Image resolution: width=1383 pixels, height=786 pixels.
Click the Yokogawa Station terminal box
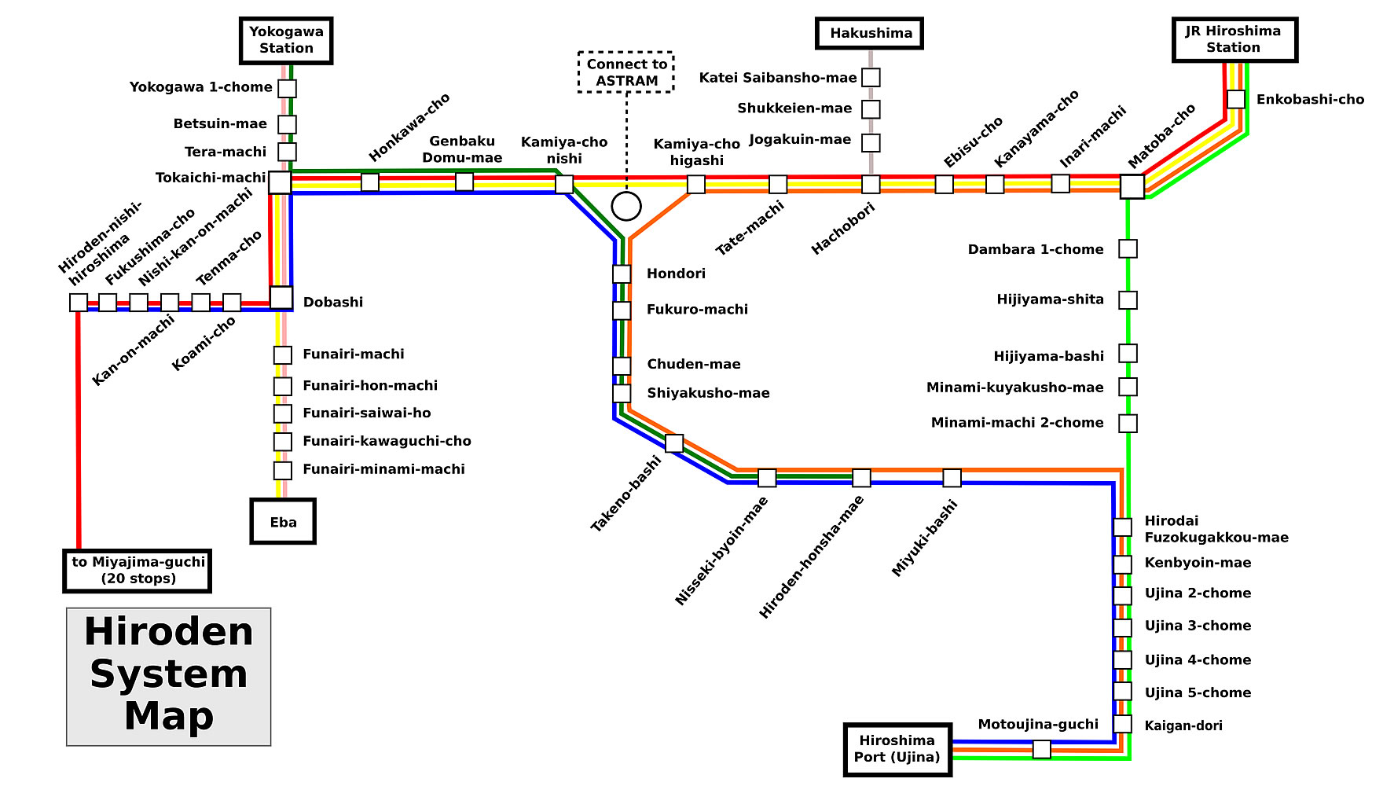286,40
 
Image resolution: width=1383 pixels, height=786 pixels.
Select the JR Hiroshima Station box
1234,39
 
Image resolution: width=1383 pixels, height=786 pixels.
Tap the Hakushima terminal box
869,33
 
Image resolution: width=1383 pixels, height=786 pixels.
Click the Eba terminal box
283,521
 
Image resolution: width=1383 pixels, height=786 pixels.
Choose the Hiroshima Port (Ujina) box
897,749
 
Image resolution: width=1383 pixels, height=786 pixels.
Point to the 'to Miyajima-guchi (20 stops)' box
138,571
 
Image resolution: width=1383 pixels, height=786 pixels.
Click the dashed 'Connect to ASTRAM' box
626,72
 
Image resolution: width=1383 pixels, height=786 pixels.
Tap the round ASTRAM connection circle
626,206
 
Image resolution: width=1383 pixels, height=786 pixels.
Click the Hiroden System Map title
169,675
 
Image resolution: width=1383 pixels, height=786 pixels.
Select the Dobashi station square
281,298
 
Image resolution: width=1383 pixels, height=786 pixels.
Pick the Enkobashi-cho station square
1236,99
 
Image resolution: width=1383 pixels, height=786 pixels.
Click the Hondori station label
676,274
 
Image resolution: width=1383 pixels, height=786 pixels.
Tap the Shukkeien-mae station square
871,109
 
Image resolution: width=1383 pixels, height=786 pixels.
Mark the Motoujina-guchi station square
1041,749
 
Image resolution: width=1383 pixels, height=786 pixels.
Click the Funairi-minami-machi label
383,469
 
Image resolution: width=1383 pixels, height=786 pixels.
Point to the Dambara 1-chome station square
1128,249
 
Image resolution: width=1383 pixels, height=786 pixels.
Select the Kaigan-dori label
1183,725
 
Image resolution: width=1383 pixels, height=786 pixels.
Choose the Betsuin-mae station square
288,124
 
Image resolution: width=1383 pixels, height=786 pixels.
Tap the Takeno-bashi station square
674,443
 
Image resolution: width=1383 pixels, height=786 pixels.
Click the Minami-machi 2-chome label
1017,423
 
